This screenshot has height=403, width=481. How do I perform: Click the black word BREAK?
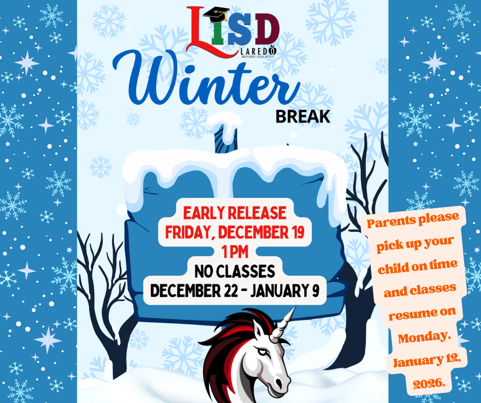302,116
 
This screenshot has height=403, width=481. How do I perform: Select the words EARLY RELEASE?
235,213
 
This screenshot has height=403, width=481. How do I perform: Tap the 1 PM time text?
235,252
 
